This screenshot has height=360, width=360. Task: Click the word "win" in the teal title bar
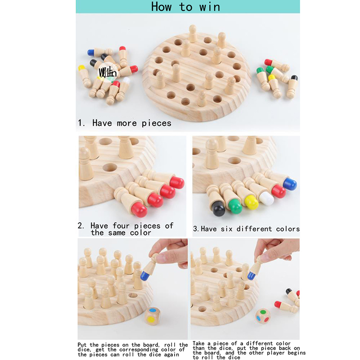210,7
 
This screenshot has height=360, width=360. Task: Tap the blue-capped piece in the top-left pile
100,52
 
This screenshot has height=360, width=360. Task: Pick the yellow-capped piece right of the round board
274,86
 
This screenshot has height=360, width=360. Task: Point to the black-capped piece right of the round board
292,86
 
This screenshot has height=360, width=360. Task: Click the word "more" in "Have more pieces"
127,123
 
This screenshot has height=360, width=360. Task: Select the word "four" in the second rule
121,226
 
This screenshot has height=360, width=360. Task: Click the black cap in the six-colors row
218,208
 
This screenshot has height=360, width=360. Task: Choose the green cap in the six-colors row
235,206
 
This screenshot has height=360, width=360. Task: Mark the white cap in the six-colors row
266,198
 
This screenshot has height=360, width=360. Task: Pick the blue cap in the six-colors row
290,184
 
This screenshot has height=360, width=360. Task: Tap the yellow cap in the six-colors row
252,202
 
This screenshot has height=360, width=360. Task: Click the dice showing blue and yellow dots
153,316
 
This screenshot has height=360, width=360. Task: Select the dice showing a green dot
263,316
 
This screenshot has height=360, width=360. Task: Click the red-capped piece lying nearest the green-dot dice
286,306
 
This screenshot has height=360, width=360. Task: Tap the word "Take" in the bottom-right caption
198,343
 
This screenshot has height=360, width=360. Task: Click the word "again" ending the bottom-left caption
172,355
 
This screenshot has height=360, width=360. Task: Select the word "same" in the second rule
117,233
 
